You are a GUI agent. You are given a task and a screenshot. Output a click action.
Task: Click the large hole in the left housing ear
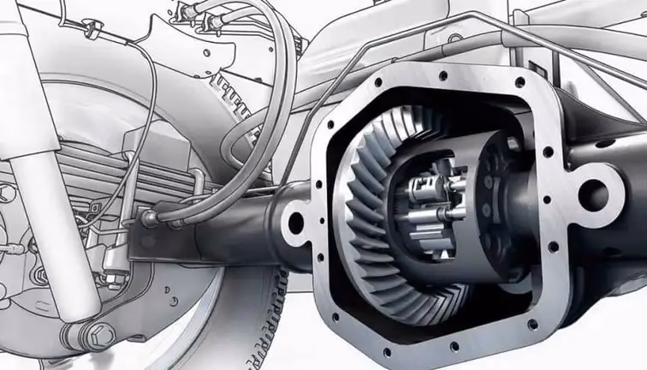pyautogui.click(x=296, y=222)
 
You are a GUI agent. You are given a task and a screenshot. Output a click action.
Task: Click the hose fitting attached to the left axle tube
pyautogui.click(x=152, y=220)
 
